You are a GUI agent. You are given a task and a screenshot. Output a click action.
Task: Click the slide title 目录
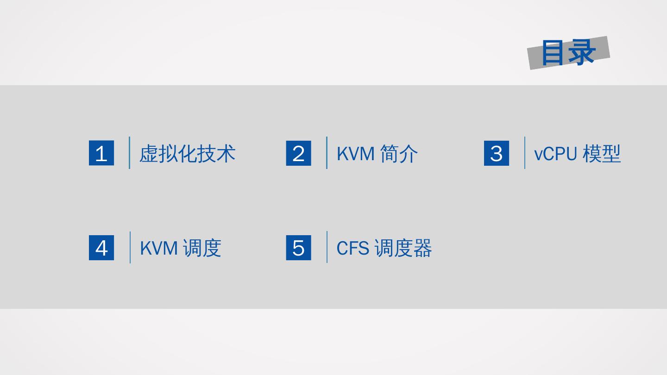pos(568,52)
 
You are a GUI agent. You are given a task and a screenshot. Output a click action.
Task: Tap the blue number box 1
pos(101,153)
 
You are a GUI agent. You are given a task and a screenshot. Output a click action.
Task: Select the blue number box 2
pos(299,153)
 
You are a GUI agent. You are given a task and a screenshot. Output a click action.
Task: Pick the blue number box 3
pos(497,153)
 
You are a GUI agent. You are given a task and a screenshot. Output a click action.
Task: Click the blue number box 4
pos(101,248)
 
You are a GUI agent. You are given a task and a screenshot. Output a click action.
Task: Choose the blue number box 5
pos(299,248)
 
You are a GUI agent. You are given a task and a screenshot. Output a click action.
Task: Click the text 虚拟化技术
pos(188,153)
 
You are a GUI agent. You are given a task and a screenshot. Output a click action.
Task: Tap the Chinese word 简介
pos(399,153)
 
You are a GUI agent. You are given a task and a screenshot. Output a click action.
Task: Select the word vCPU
pos(556,153)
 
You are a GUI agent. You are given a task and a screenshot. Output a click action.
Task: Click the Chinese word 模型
pos(602,153)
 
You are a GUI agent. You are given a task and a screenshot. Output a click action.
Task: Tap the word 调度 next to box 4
pos(202,248)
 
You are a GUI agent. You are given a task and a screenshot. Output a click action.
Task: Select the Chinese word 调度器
pos(403,248)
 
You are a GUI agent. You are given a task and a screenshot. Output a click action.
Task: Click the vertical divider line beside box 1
pos(129,153)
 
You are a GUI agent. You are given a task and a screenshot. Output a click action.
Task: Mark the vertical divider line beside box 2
pos(327,153)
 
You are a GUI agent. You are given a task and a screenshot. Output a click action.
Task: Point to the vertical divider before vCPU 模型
pos(525,153)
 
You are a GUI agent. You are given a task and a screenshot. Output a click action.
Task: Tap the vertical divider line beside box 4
pos(130,247)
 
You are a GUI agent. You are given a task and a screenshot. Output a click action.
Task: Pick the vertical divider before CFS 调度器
pos(327,247)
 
